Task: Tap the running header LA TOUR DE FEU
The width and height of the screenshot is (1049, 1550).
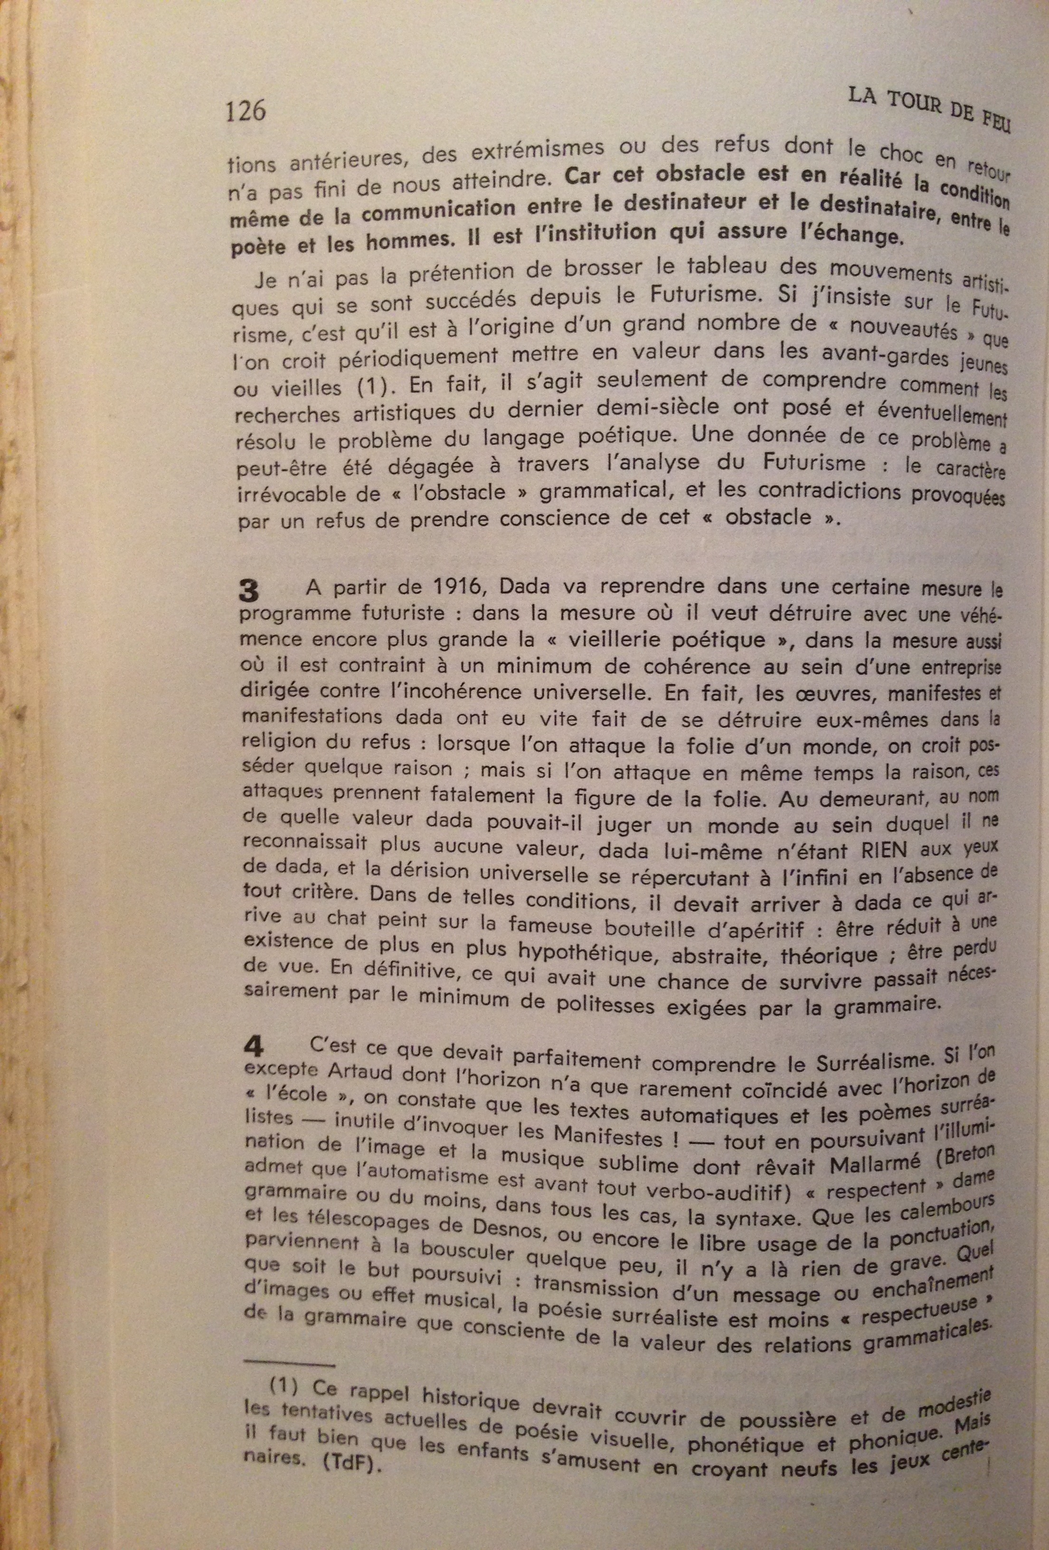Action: (929, 110)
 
